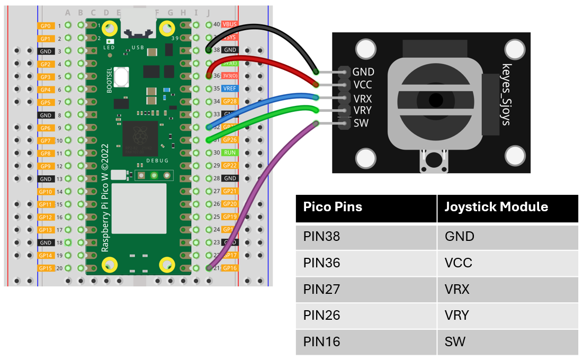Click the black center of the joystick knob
point(436,99)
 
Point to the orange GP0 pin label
point(46,25)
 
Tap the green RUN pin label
point(230,152)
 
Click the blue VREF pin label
point(230,88)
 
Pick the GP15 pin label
point(46,268)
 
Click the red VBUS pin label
point(230,24)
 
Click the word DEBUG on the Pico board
point(157,160)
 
